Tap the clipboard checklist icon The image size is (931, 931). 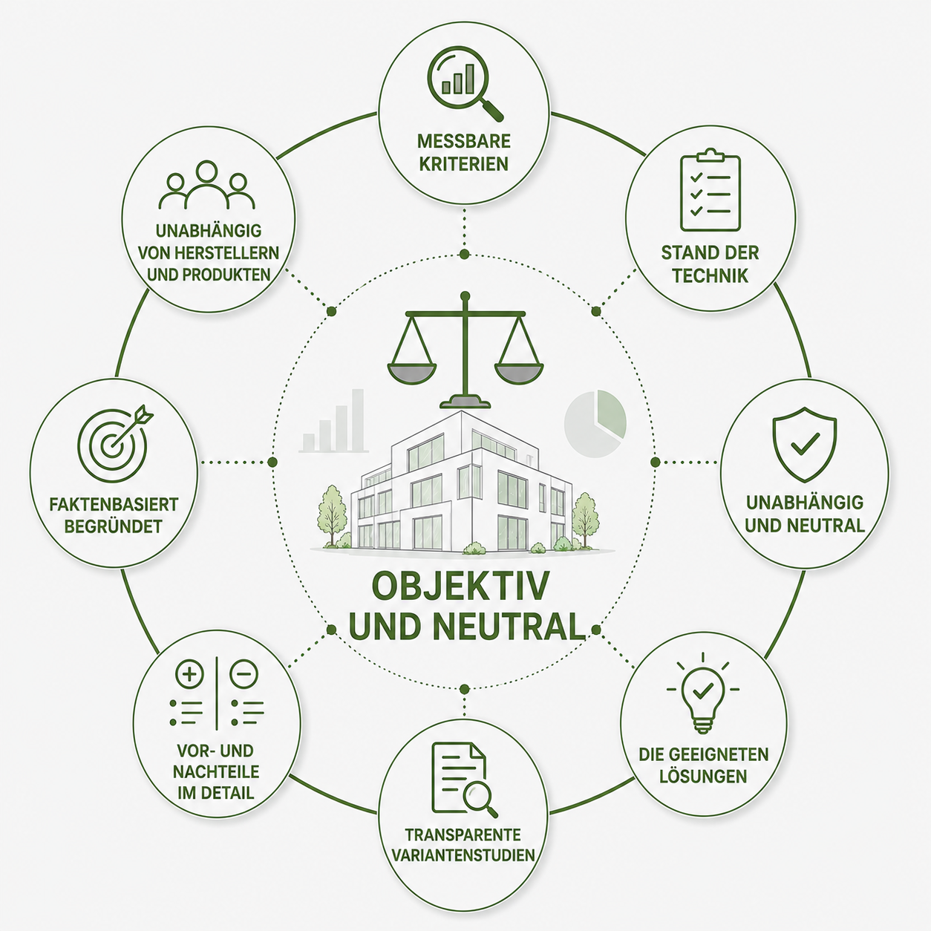click(x=710, y=189)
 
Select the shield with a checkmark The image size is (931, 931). click(x=805, y=444)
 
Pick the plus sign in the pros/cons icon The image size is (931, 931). click(x=190, y=674)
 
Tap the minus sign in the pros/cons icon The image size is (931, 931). click(x=244, y=674)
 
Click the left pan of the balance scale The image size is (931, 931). click(x=411, y=374)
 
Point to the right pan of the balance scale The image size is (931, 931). click(x=520, y=374)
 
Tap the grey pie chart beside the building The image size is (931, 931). click(x=595, y=423)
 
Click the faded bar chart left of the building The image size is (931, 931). click(x=333, y=420)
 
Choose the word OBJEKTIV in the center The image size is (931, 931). click(x=461, y=586)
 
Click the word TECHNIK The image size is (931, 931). click(x=710, y=276)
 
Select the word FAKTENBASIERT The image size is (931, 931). click(x=114, y=504)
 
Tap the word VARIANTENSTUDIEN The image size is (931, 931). click(x=463, y=869)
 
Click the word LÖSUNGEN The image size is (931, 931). click(x=703, y=777)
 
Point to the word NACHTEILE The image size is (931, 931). click(x=216, y=772)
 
